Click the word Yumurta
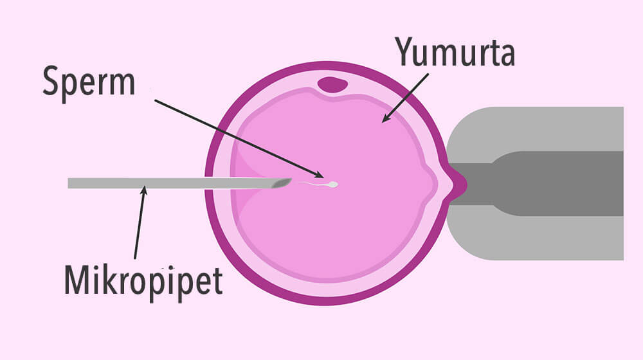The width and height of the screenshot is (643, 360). tap(455, 51)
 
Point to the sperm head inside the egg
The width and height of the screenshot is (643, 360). tap(333, 185)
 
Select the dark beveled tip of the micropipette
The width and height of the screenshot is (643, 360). tap(282, 184)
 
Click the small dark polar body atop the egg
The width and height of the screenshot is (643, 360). tap(332, 84)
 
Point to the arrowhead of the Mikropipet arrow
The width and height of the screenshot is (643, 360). tap(145, 189)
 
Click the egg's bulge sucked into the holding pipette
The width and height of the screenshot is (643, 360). tap(456, 183)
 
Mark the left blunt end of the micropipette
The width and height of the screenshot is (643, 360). tap(69, 183)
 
